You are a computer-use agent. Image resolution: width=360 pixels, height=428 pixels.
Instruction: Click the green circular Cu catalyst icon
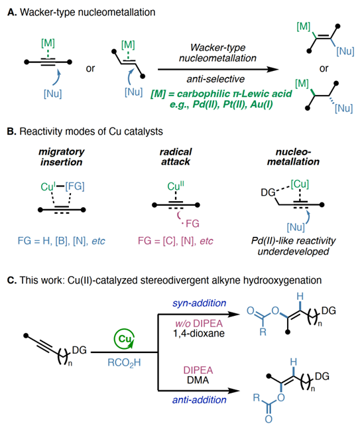pos(125,339)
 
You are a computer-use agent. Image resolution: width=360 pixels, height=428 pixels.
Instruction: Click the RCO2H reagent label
pos(124,363)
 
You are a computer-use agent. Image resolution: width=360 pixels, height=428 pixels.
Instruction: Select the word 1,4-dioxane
pos(199,333)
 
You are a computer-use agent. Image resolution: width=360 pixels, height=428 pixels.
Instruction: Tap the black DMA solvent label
pos(198,380)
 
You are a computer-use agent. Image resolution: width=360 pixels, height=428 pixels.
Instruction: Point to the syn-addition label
pos(200,303)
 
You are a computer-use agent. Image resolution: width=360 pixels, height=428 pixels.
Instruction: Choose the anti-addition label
pos(200,400)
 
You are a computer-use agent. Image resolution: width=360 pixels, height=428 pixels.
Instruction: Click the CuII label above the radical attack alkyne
pos(176,186)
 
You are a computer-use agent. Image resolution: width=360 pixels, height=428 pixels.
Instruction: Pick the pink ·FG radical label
pos(191,224)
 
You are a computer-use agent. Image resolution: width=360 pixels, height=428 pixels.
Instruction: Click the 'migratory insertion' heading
pos(62,157)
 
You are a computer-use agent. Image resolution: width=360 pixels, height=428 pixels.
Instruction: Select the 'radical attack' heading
pos(176,157)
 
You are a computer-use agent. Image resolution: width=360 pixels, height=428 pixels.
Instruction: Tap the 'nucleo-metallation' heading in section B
pos(293,157)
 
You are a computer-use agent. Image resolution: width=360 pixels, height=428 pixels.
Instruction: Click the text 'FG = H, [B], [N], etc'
pos(62,241)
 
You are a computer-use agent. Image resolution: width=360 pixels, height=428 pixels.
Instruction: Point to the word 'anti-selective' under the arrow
pos(215,79)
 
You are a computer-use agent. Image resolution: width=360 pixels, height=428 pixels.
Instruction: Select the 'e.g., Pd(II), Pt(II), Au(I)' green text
pos(221,105)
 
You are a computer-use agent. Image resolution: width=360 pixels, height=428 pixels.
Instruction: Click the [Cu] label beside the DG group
pos(300,184)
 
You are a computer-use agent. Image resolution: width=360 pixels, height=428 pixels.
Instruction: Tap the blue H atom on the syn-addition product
pos(300,297)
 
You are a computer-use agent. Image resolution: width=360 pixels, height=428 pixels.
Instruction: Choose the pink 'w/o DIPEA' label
pos(199,323)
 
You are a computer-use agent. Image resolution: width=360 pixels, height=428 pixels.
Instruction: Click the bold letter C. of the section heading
pos(12,280)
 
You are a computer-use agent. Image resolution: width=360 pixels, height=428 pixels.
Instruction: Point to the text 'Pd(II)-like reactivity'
pos(293,241)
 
